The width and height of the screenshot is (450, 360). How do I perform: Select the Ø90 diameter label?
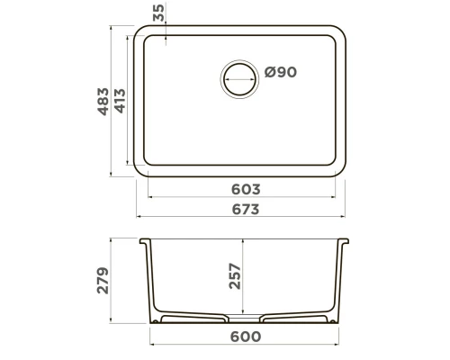tap(280, 73)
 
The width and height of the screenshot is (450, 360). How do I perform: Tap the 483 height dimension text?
tap(103, 102)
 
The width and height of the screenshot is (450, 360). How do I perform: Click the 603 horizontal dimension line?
tap(198, 198)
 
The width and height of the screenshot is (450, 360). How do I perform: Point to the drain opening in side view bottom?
tap(243, 321)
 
